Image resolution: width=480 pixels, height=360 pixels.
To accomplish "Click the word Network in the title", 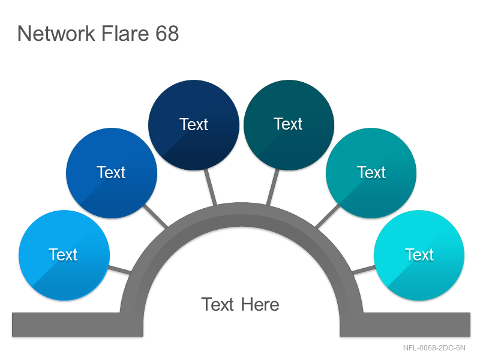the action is pos(56,33).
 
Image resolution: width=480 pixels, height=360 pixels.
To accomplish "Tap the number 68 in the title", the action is pos(167,33).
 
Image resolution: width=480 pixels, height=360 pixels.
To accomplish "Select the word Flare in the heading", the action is pos(125,33).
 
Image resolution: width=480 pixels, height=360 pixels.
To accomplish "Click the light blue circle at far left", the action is pos(64,256).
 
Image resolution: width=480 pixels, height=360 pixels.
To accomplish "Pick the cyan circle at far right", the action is pos(419,256).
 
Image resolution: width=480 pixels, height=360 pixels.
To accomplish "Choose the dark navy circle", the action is pos(193,125).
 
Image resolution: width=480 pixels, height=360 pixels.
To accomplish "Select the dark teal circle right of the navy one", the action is pos(289,125).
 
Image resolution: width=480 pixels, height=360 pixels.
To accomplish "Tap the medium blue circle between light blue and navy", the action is pos(112,173).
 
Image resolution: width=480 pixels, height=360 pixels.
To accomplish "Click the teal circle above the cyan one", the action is pos(371,173).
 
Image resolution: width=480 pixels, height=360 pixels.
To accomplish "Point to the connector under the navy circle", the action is pos(211,187).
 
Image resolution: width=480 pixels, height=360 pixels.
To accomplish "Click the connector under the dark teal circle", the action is pos(273,187).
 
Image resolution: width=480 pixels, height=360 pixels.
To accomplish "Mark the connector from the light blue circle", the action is pos(119,270).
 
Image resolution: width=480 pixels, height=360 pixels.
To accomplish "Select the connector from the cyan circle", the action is pos(364,270).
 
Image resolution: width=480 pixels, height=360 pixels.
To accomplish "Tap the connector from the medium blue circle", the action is pos(155,216).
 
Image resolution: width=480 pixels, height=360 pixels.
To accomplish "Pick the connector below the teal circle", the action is pos(328,216).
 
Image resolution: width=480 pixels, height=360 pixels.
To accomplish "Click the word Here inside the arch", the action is pos(260,305).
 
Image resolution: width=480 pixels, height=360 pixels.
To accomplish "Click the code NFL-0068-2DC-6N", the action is pos(434,348).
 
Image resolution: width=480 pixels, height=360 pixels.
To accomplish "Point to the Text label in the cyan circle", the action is pos(419,254).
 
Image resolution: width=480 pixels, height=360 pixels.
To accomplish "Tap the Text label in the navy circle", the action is pos(193,124).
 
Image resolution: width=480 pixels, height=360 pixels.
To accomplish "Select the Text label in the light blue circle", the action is pos(63,254).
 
